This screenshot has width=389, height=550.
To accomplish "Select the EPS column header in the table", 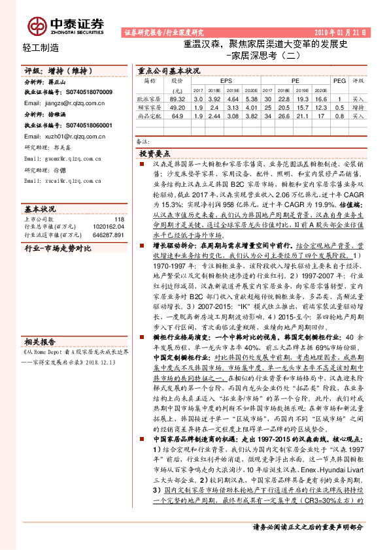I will [226, 80].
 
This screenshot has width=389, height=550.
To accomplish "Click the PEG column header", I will [339, 80].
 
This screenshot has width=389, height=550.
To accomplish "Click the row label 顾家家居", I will [151, 106].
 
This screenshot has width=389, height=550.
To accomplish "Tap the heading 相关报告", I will [41, 342].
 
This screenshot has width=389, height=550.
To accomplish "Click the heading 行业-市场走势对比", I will [58, 249].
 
